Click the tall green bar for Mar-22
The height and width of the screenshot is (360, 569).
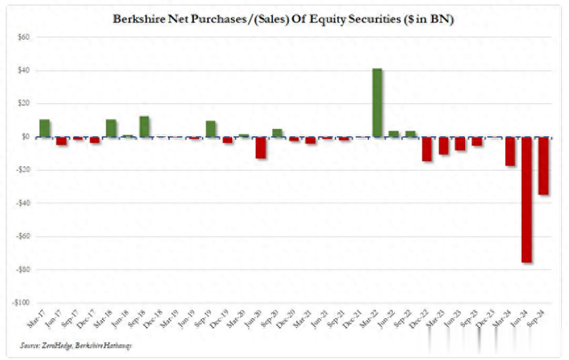[377, 102]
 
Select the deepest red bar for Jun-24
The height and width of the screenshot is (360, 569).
[526, 199]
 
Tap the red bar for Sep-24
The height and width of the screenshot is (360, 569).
[543, 165]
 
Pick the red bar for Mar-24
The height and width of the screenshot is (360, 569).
[510, 151]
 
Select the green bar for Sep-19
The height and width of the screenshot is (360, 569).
[211, 129]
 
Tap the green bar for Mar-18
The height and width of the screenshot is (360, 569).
[111, 128]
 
